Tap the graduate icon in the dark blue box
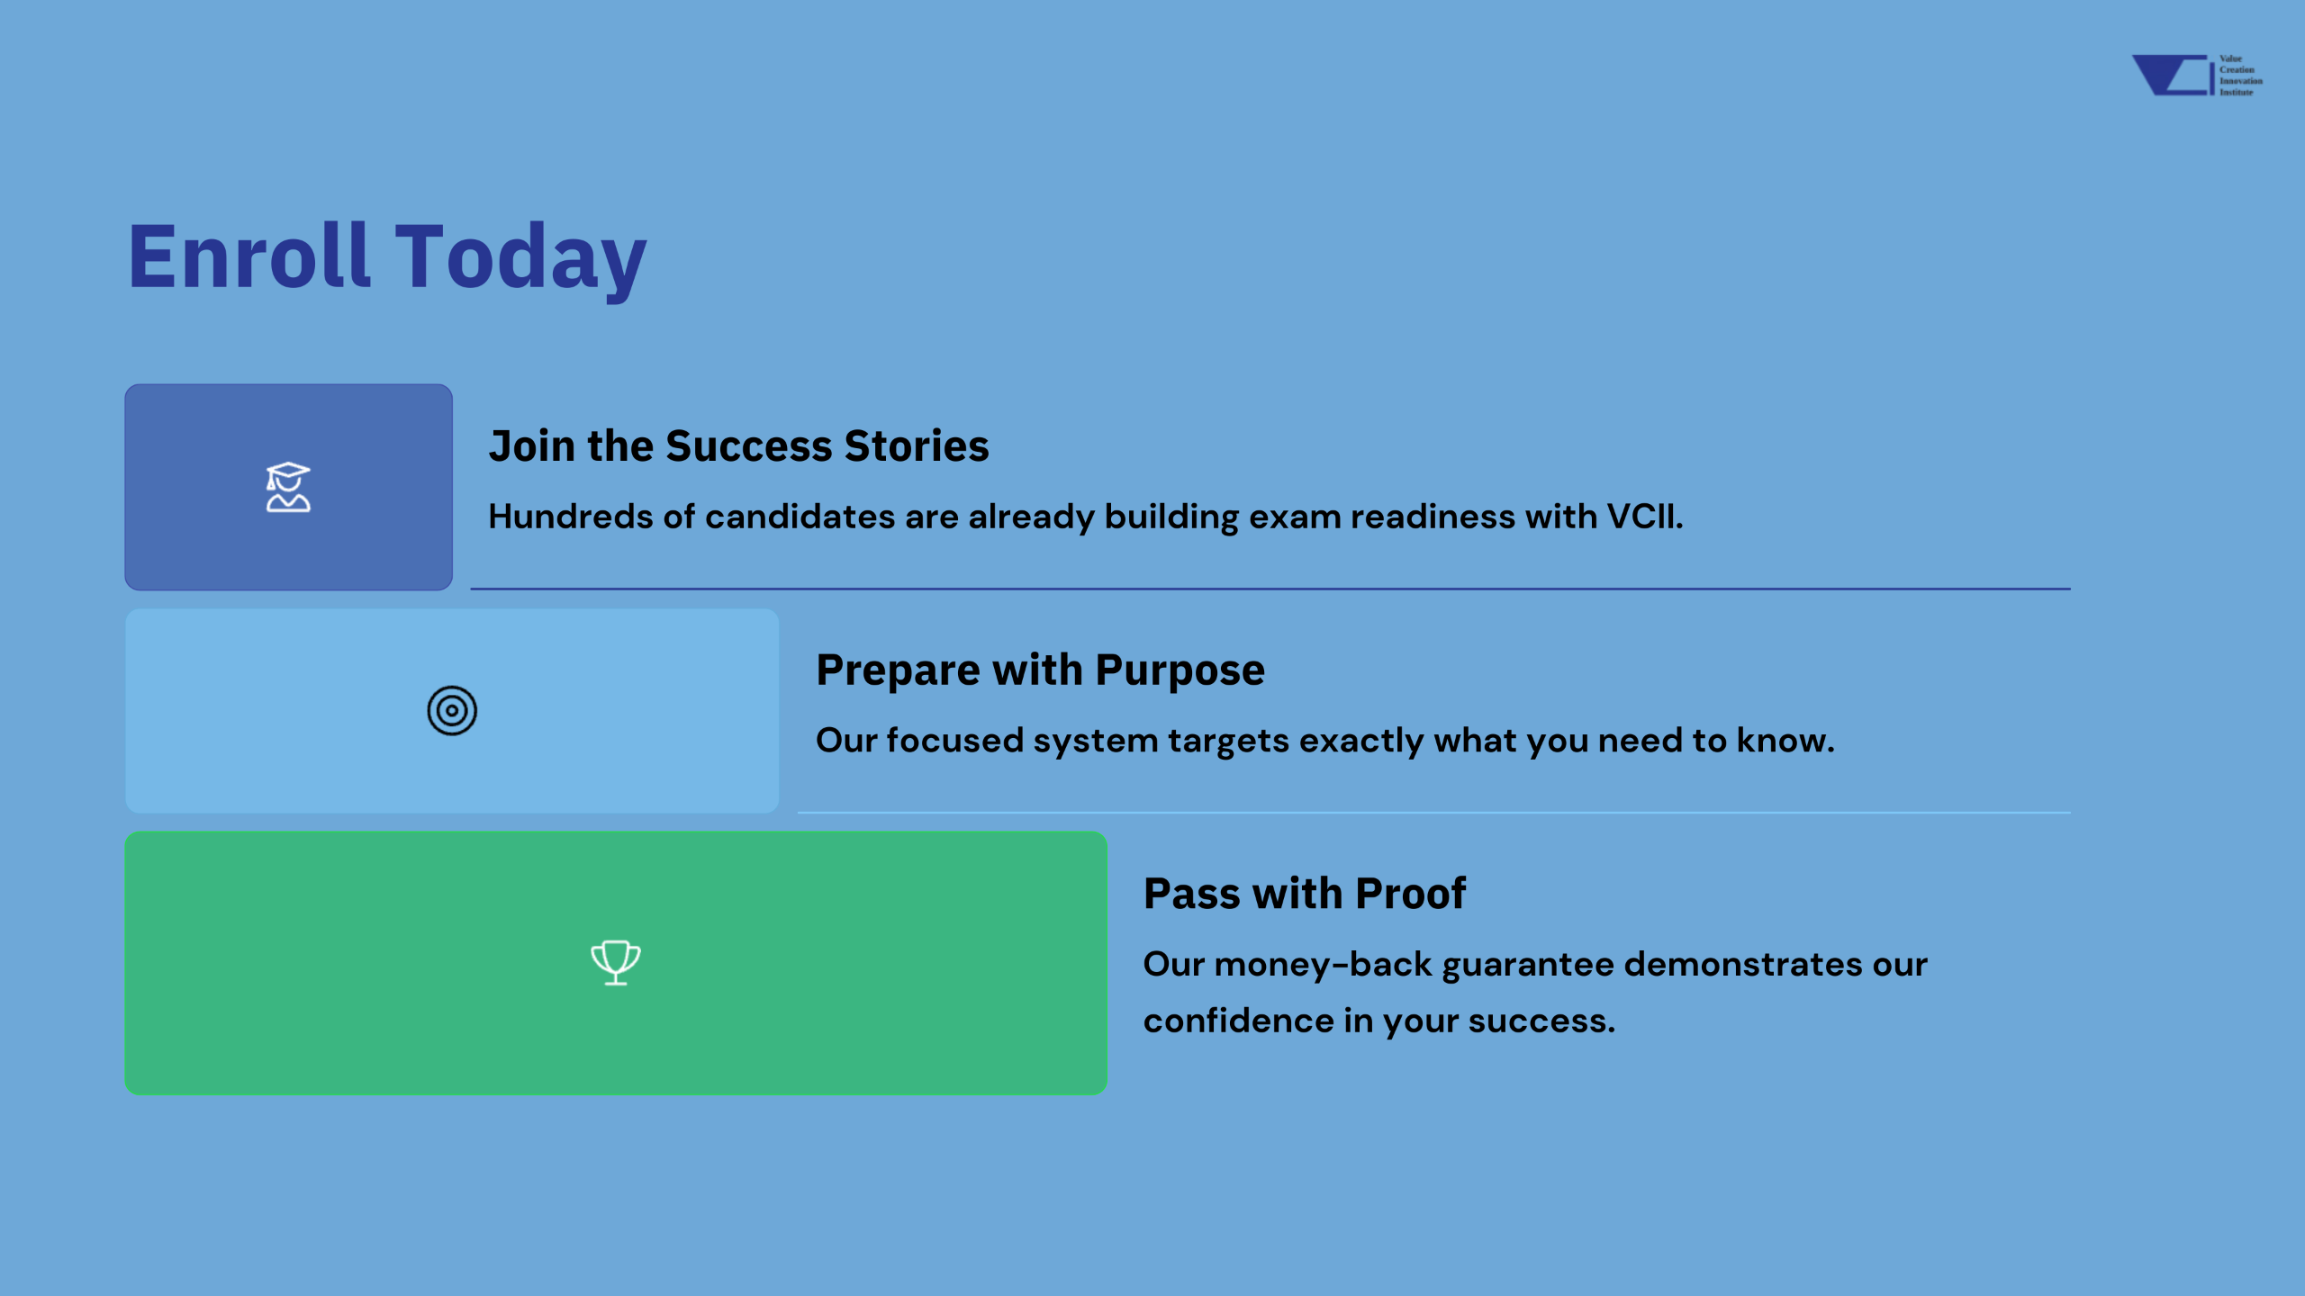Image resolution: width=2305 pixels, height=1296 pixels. coord(288,487)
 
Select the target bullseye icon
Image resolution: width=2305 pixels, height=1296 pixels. coord(452,710)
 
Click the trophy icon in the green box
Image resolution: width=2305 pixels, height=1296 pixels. coord(616,962)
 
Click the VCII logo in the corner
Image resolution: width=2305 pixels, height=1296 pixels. coord(2197,76)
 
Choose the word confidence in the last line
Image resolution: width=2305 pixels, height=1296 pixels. coord(1239,1021)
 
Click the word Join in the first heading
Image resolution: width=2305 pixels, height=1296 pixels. coord(532,446)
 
